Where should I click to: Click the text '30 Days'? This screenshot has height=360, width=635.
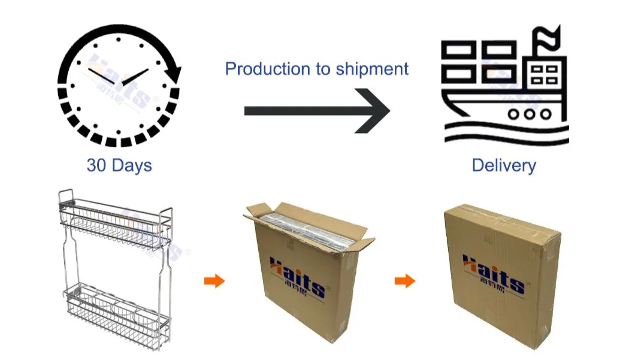tap(119, 165)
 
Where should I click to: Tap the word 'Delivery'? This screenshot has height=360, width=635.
tap(504, 165)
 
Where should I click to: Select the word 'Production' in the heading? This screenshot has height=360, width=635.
tap(268, 69)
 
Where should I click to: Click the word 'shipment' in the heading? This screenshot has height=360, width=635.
tap(372, 69)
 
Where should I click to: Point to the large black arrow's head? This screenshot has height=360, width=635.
tap(374, 111)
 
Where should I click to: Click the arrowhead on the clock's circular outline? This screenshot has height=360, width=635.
tap(174, 73)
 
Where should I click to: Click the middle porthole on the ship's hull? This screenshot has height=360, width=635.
tap(529, 113)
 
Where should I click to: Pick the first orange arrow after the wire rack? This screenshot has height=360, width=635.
tap(214, 281)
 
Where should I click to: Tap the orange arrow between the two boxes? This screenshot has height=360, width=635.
tap(405, 281)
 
